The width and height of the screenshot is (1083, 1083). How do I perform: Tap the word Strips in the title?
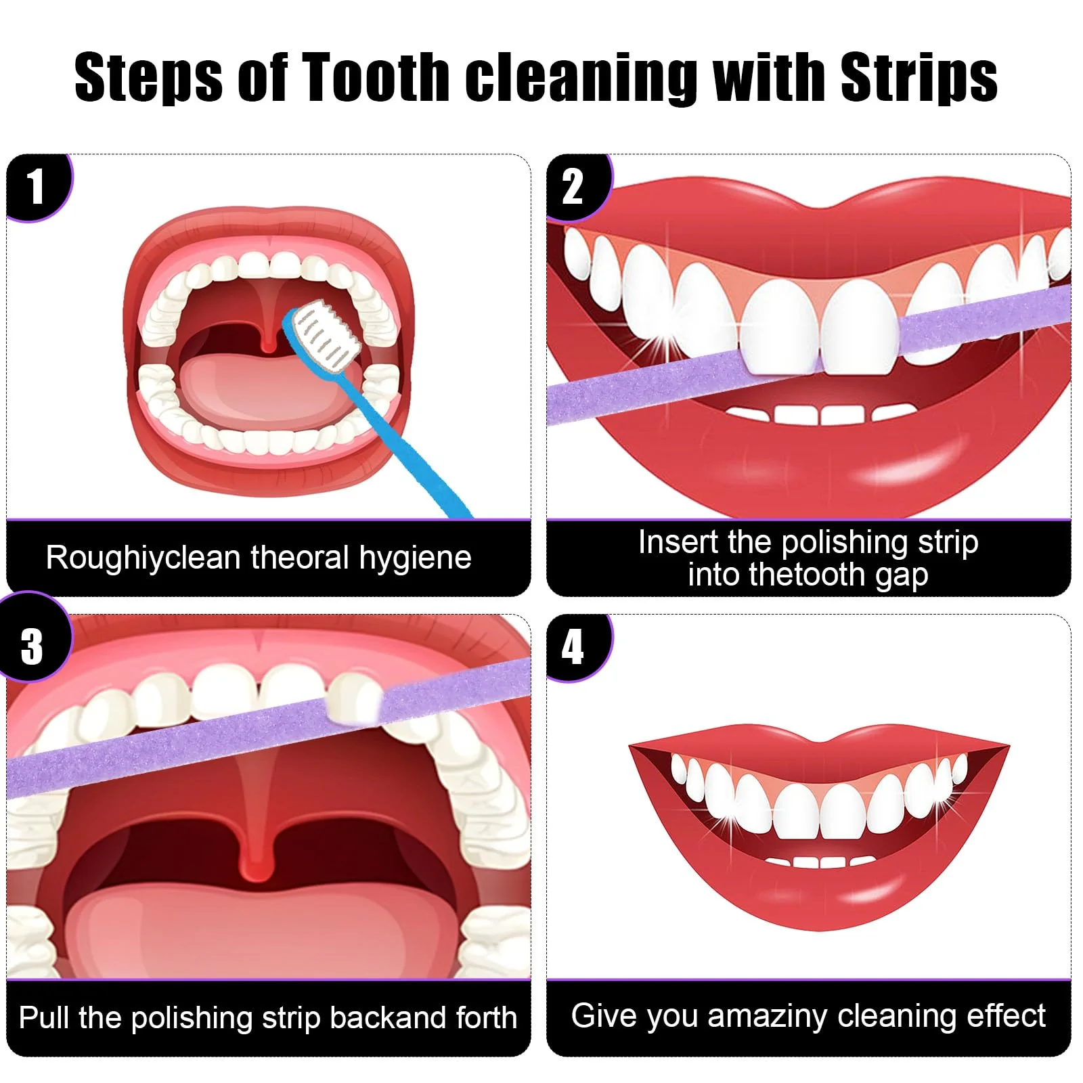click(x=919, y=78)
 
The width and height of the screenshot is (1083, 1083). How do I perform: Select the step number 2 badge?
click(x=578, y=187)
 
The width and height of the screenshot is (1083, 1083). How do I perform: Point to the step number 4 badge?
click(x=578, y=646)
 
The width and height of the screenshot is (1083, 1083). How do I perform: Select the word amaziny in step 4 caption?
click(x=768, y=1017)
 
